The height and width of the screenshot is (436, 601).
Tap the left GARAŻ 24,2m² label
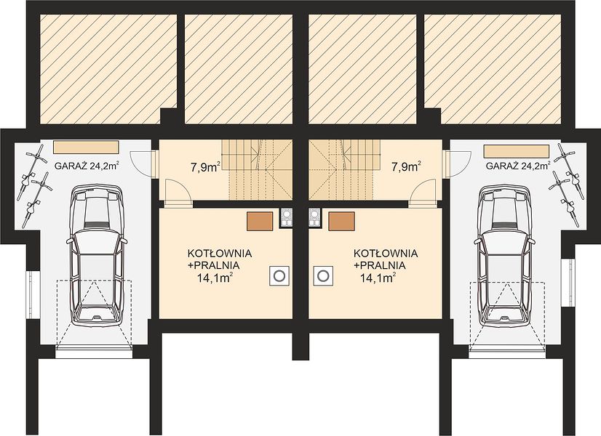[x=87, y=166]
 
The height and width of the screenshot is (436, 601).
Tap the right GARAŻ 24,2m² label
[x=518, y=166]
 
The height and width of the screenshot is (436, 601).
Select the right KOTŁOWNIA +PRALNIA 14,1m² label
[x=385, y=265]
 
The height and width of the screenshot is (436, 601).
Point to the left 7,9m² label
[x=205, y=167]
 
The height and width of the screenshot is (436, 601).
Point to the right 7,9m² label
[x=406, y=167]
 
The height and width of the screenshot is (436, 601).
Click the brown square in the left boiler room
[x=260, y=222]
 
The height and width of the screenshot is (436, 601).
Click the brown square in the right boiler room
[x=341, y=222]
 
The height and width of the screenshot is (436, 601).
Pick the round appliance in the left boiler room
[x=279, y=275]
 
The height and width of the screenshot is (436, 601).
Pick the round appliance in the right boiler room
[x=323, y=275]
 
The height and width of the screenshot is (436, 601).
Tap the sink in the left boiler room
[x=286, y=218]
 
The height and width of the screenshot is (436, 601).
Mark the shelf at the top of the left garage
[x=86, y=147]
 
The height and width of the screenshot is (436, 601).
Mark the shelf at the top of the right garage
[x=517, y=151]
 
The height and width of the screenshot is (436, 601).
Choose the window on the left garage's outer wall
[x=33, y=294]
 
